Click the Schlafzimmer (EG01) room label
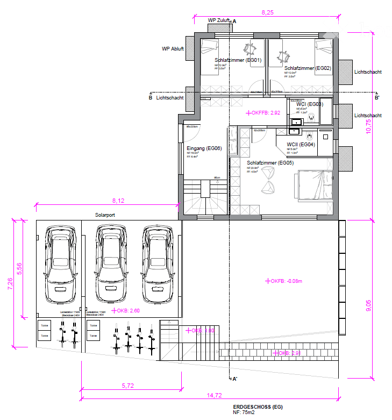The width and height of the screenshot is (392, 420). coord(238,60)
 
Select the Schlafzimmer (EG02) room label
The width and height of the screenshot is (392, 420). coord(307,68)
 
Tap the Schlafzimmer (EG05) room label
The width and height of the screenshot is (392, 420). coord(270,162)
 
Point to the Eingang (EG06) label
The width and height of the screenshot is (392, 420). coord(204,148)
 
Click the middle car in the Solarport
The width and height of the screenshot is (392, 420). coord(110,264)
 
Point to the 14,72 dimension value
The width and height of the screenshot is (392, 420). coord(214,395)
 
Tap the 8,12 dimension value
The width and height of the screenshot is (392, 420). coord(118,200)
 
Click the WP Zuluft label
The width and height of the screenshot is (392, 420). coord(219,20)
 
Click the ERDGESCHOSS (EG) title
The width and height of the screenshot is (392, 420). coord(258,407)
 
